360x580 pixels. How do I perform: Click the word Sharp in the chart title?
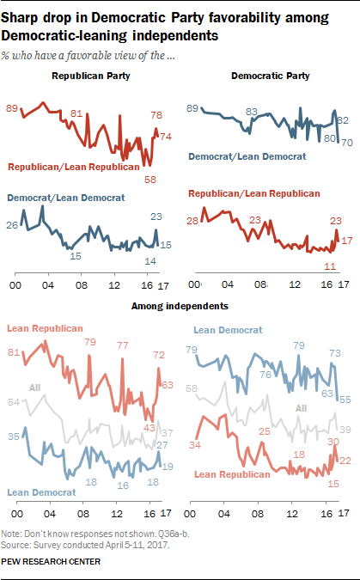25,15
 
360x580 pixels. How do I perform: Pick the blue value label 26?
13,225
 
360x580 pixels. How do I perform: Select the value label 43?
149,428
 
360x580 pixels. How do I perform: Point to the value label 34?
193,443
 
